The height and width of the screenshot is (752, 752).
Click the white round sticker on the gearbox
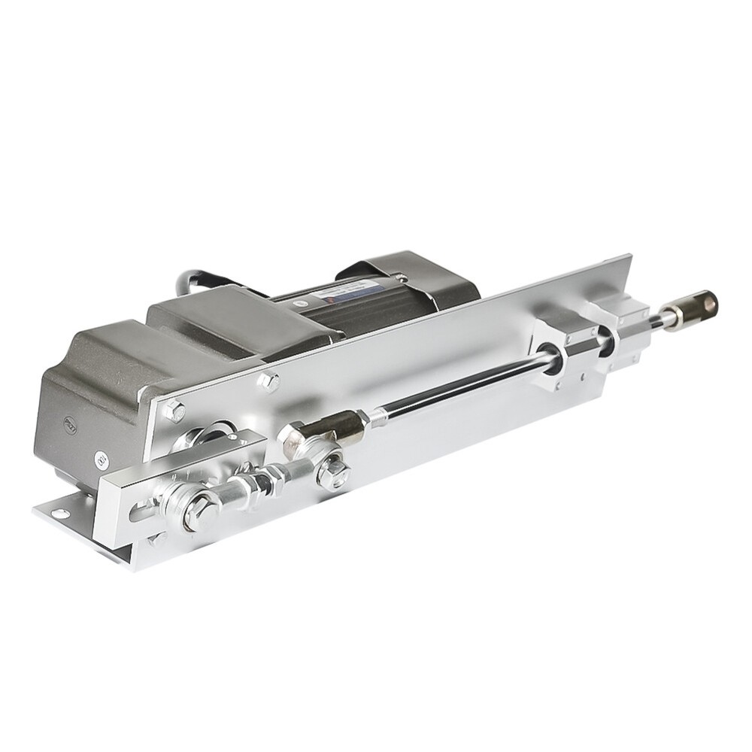(101, 458)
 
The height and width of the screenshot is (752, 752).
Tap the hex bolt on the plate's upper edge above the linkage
(267, 381)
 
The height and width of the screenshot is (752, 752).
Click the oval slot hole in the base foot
(54, 512)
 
